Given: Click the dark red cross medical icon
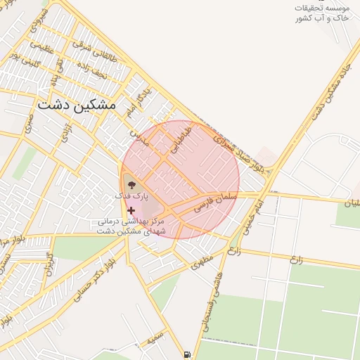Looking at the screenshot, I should point(131,210).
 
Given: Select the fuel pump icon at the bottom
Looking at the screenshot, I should point(186,354).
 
